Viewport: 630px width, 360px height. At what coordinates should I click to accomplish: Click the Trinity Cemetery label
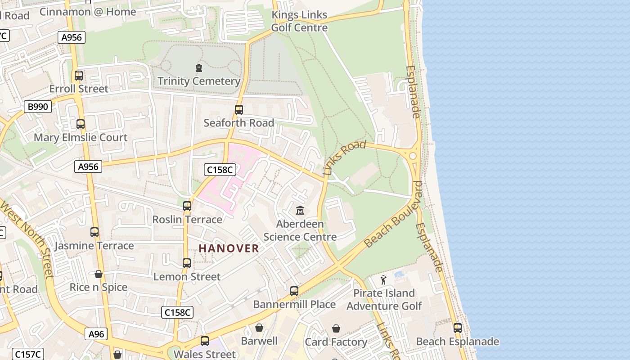point(198,81)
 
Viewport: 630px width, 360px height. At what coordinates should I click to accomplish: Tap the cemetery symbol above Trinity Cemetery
point(198,68)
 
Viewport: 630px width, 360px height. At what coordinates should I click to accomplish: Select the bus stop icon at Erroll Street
point(79,75)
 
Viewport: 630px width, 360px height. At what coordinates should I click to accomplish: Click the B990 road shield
point(38,107)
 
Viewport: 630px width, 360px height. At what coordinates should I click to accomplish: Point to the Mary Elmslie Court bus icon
point(81,124)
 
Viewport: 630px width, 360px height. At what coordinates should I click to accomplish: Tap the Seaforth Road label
point(238,123)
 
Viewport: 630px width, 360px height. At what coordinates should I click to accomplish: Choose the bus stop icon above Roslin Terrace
point(187,206)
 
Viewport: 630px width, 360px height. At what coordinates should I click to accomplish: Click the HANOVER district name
point(229,248)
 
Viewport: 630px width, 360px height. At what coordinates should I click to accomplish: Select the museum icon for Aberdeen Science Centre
point(300,210)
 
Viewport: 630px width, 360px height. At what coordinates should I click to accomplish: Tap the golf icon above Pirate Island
point(383,280)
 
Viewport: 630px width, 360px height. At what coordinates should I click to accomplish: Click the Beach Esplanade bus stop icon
point(458,328)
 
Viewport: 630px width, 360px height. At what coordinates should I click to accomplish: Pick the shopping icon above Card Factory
point(336,329)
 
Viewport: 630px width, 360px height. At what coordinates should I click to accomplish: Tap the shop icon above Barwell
point(259,327)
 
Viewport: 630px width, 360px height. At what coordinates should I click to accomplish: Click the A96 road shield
point(96,334)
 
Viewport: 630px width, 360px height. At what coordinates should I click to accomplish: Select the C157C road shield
point(28,354)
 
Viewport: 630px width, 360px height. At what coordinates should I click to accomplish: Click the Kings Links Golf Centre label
point(299,21)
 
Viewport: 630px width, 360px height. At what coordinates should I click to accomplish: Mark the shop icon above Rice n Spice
point(99,274)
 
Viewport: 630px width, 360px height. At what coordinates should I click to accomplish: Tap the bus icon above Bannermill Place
point(294,291)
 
